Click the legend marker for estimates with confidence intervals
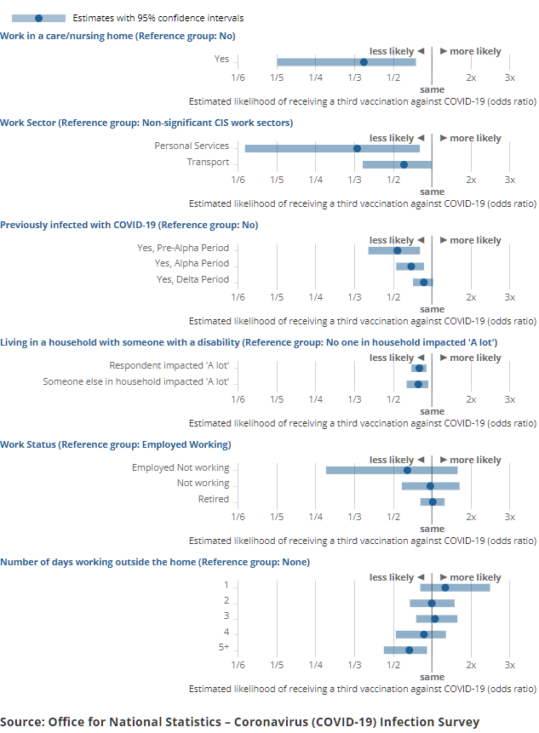(38, 18)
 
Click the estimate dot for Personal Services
(357, 148)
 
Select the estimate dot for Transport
(404, 164)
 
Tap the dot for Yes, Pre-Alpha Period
(398, 250)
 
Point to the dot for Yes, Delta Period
(424, 282)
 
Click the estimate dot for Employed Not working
(407, 470)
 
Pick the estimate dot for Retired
(433, 501)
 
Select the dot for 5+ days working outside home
(410, 650)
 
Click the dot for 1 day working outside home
(445, 587)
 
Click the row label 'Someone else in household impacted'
(136, 381)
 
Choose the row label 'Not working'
(203, 484)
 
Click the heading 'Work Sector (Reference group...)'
(146, 123)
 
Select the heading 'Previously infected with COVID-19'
(129, 226)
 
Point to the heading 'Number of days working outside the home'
(155, 563)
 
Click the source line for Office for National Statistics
(239, 722)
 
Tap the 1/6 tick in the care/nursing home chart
(238, 78)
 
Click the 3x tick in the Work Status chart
(510, 517)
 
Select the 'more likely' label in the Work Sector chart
(475, 139)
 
